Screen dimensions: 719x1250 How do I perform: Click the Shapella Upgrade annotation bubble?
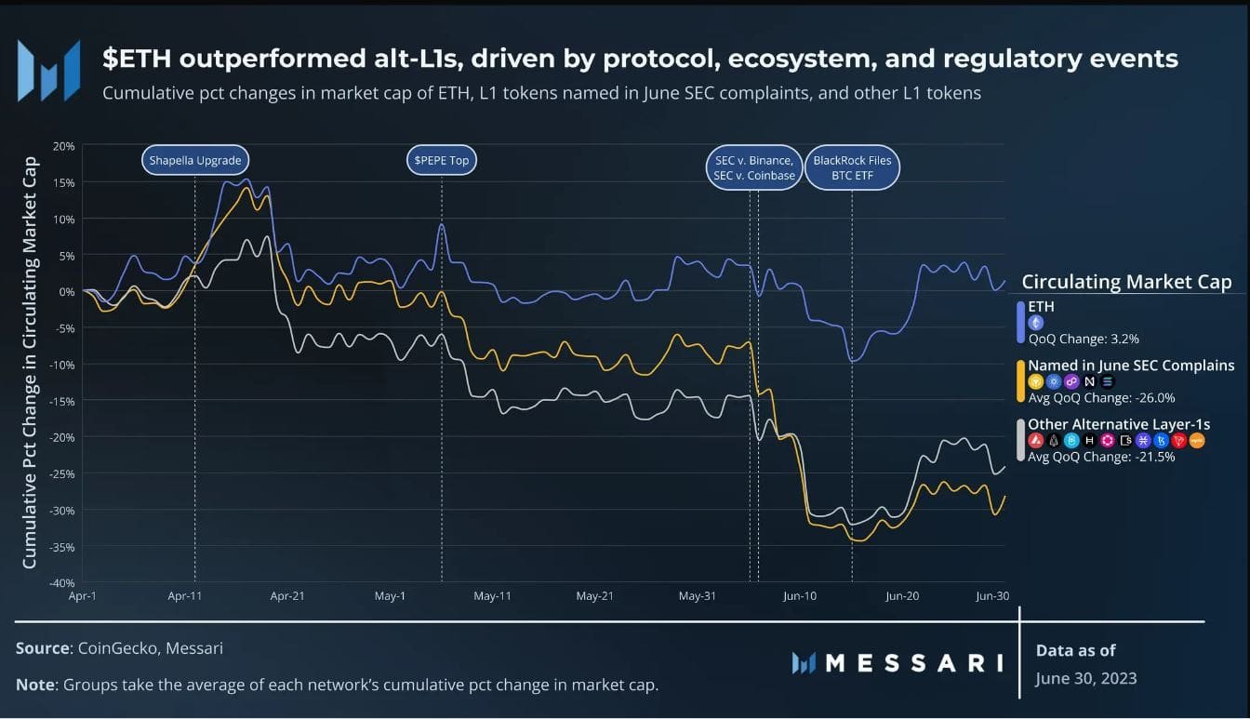[195, 160]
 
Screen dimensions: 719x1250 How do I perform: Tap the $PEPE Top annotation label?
[441, 160]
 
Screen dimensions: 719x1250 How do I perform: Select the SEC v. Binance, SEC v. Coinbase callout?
[753, 167]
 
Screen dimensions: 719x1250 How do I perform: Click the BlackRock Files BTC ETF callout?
[852, 167]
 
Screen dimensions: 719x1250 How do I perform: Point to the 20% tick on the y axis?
[64, 146]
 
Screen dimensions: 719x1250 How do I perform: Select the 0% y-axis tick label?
[66, 292]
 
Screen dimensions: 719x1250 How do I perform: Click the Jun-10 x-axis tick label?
[799, 596]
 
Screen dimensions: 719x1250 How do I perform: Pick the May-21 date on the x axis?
[594, 596]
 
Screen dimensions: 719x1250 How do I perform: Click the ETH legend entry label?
[1041, 306]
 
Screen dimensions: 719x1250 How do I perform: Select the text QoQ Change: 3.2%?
[1084, 339]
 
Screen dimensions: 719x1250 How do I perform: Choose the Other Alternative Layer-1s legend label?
[1119, 424]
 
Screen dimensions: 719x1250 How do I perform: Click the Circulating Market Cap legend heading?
[1126, 282]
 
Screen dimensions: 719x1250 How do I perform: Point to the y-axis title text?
[30, 363]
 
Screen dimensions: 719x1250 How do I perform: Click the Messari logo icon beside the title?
[48, 71]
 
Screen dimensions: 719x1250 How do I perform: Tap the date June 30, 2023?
[1085, 678]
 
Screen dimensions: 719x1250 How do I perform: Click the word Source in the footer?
[43, 648]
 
